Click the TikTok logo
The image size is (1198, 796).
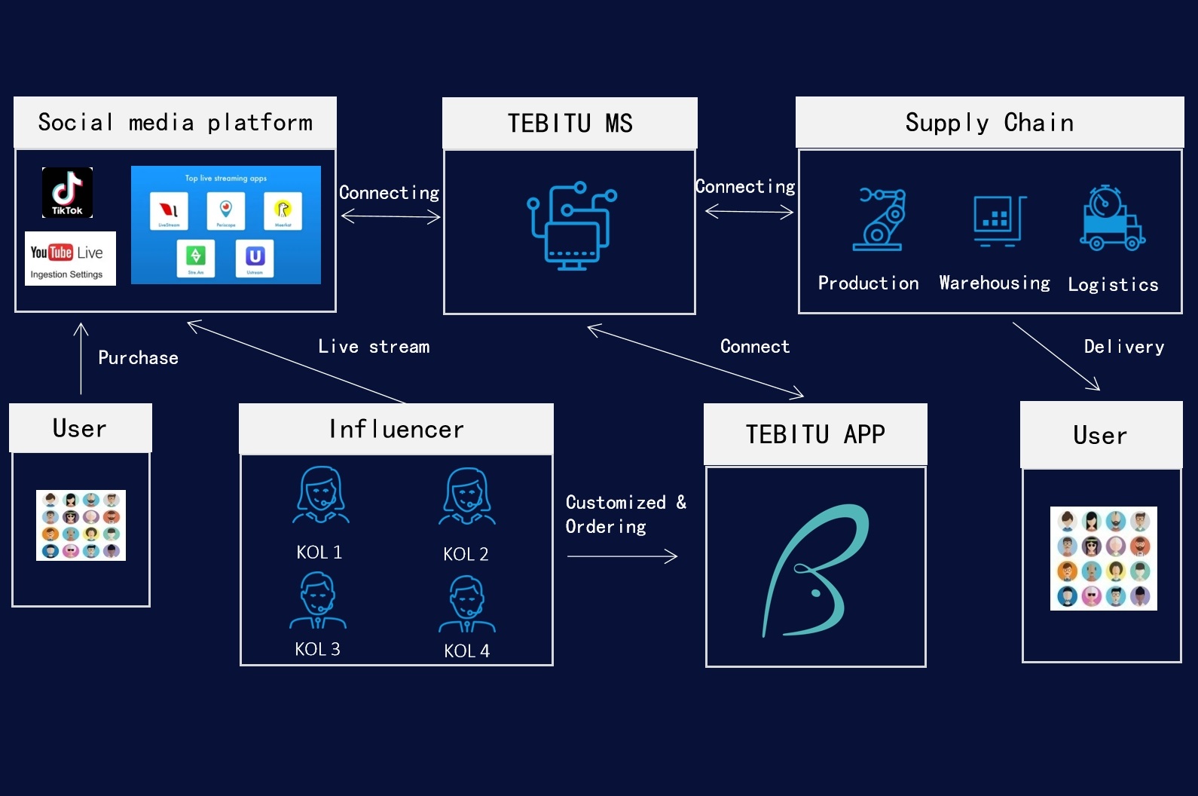click(67, 192)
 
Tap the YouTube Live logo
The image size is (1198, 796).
click(70, 258)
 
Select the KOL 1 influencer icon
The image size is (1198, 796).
click(321, 494)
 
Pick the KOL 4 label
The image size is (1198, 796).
click(466, 651)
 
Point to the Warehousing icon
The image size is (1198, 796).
click(999, 221)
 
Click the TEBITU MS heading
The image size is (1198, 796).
click(570, 123)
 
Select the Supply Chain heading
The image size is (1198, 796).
click(989, 122)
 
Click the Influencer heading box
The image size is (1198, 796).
click(396, 429)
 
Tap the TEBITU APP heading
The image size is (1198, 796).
click(815, 434)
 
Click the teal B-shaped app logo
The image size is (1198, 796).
click(816, 570)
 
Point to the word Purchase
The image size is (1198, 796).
click(138, 358)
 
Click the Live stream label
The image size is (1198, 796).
click(374, 347)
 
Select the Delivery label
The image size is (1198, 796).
click(1123, 347)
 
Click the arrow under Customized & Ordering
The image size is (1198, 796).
click(622, 556)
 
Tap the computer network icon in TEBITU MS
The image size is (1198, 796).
click(571, 225)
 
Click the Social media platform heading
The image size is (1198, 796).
click(175, 122)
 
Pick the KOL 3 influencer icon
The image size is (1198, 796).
click(318, 601)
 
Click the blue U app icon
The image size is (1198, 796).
click(255, 257)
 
